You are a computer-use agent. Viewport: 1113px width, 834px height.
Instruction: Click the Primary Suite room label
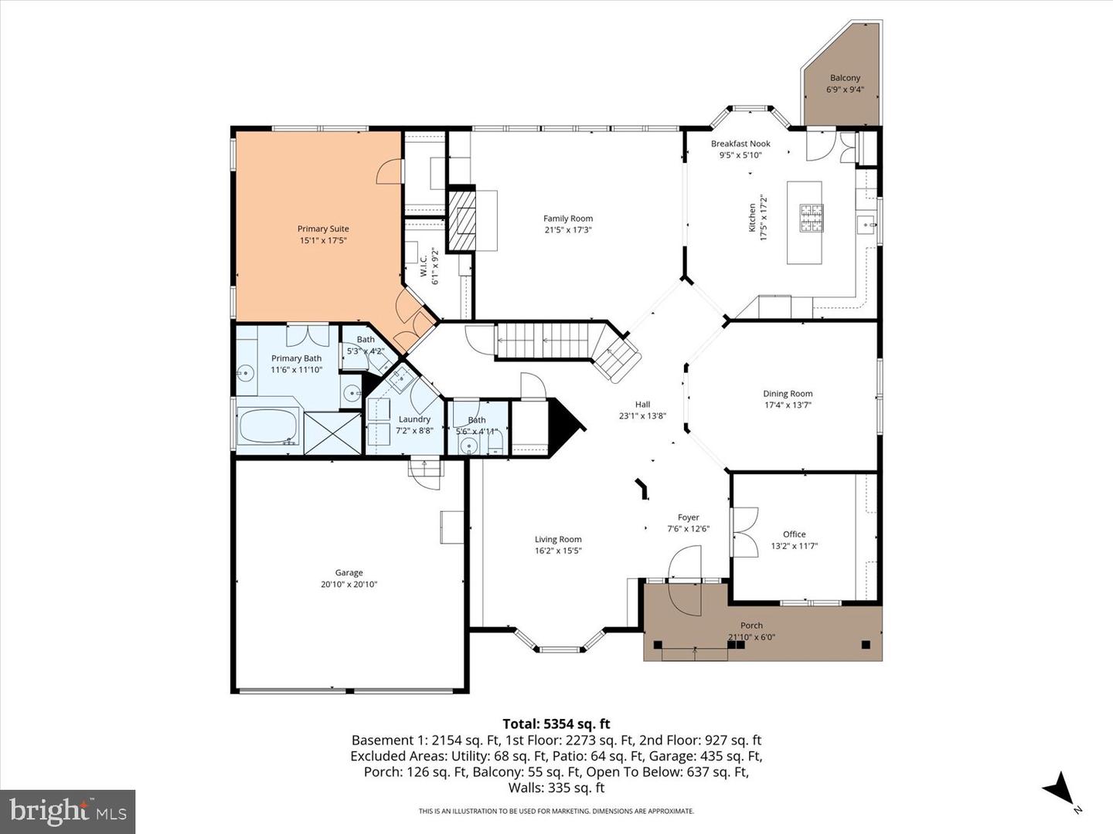pos(323,229)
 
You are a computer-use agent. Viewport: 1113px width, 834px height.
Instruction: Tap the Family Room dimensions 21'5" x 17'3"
pos(567,230)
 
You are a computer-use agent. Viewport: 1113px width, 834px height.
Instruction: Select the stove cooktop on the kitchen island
pos(811,218)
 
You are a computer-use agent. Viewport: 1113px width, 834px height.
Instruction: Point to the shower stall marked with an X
pos(333,432)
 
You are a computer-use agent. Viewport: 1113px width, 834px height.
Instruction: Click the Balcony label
pos(845,78)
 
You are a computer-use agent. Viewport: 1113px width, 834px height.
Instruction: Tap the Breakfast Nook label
pos(740,144)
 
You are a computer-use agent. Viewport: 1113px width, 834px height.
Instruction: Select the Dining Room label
pos(788,394)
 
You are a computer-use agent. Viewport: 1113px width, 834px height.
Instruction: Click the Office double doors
pos(745,532)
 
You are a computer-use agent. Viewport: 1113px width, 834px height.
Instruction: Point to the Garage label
pos(349,573)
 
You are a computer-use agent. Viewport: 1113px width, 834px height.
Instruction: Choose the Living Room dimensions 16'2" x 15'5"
pos(557,551)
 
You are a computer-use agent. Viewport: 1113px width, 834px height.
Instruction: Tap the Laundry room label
pos(414,419)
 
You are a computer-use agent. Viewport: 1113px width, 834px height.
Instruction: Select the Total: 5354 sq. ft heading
pos(556,724)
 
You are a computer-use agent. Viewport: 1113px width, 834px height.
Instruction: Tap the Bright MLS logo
pos(68,812)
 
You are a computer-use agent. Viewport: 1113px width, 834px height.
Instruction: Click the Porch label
pos(751,625)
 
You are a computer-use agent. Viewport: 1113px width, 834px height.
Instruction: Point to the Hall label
pos(642,404)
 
